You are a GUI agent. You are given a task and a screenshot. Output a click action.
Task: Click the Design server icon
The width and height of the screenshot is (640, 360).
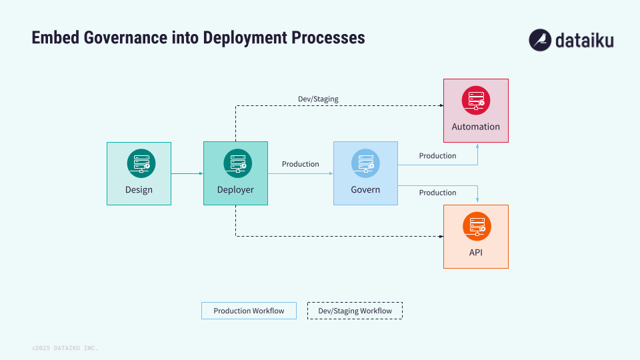pos(141,163)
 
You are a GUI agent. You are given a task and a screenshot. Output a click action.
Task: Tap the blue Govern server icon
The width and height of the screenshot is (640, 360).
pos(365,163)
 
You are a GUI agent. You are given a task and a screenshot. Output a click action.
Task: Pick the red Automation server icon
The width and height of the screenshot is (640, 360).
pos(476,100)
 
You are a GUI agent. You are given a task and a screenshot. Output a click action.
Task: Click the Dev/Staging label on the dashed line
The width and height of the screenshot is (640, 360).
pos(318,99)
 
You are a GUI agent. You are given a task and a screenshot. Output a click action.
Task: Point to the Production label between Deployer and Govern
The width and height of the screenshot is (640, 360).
pos(300,164)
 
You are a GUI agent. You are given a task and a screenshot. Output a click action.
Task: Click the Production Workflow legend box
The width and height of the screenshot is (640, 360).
pos(249,311)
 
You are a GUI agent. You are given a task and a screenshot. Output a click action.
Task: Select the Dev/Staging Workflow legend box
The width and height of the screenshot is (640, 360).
pos(355,311)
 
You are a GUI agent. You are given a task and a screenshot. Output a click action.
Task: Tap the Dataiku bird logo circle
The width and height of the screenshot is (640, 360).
pos(540,40)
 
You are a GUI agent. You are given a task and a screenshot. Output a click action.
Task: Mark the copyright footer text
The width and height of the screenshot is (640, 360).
pos(65,348)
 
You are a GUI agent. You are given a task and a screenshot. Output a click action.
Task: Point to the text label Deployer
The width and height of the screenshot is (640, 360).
pos(235,190)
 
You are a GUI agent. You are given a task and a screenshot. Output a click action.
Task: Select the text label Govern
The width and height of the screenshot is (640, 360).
pos(365,190)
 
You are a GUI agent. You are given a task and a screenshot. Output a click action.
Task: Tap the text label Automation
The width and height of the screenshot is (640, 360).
pos(476,127)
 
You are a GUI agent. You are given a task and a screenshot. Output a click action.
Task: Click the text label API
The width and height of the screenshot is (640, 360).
pos(476,253)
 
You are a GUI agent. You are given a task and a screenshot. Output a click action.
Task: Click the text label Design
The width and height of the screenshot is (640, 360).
pos(139,190)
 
